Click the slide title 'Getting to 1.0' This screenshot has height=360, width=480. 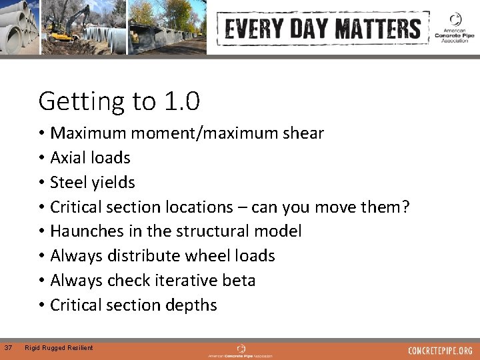click(x=119, y=101)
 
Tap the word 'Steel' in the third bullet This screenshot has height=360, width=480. click(x=69, y=182)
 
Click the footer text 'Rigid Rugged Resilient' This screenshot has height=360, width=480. click(x=59, y=347)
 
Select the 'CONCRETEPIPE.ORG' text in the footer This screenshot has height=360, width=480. click(x=440, y=350)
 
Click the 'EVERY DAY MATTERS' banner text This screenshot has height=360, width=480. click(x=323, y=29)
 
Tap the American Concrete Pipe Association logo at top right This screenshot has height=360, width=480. click(x=455, y=28)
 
